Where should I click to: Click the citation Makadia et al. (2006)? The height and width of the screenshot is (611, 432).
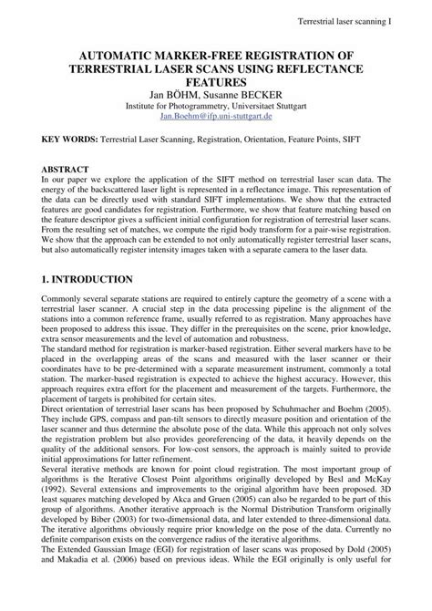[98, 604]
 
